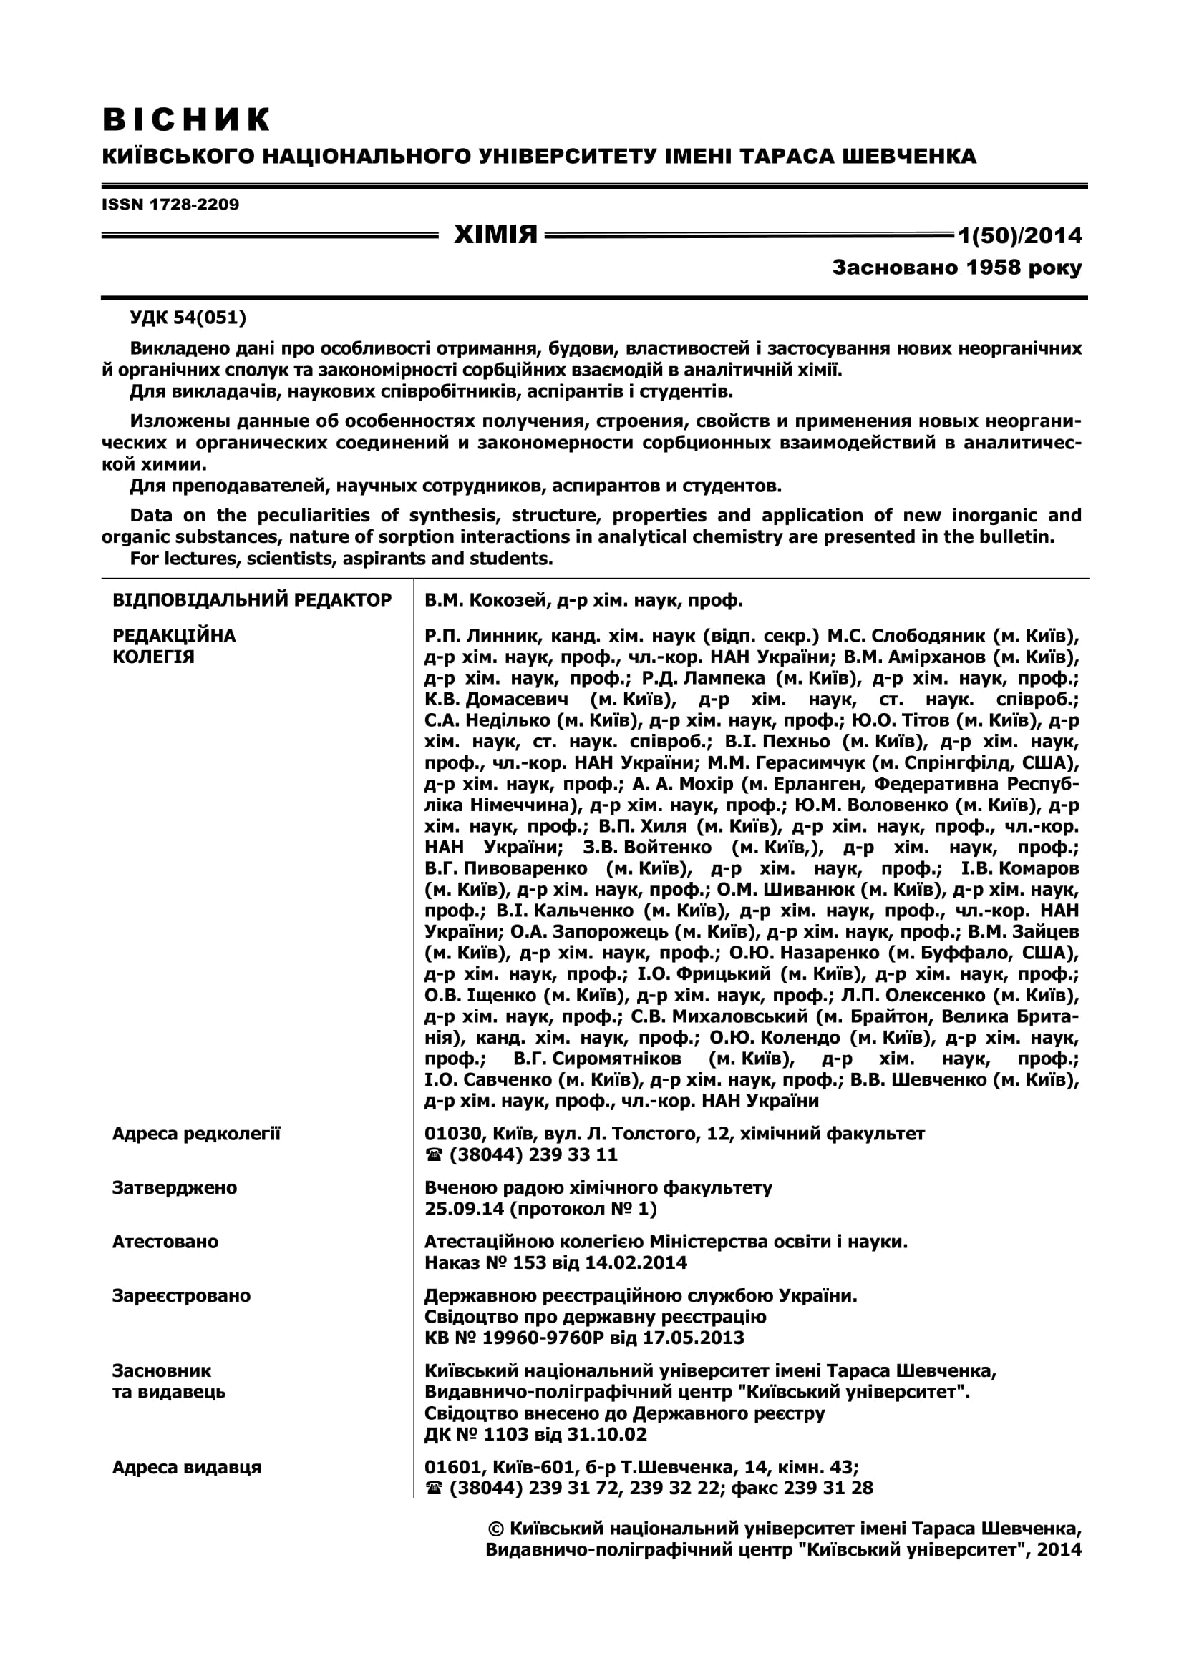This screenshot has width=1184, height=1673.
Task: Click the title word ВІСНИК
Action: [x=187, y=119]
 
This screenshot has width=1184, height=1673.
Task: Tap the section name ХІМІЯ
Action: [x=495, y=235]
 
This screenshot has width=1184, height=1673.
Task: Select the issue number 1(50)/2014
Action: [x=1020, y=235]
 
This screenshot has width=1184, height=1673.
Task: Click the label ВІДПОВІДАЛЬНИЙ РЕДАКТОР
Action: [x=251, y=599]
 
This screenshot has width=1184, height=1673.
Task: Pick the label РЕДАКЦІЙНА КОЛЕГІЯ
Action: [x=173, y=646]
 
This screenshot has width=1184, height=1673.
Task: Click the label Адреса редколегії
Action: [x=196, y=1133]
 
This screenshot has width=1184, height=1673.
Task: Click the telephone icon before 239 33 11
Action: [x=434, y=1155]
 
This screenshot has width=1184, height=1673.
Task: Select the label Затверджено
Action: [x=174, y=1187]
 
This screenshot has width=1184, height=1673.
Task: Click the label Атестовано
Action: [x=165, y=1241]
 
